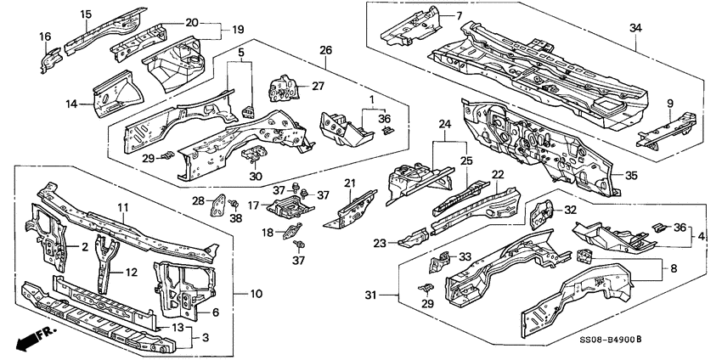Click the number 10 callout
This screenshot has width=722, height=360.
[257, 294]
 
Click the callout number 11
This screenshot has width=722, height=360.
[122, 207]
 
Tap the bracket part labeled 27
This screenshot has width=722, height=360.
[283, 87]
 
